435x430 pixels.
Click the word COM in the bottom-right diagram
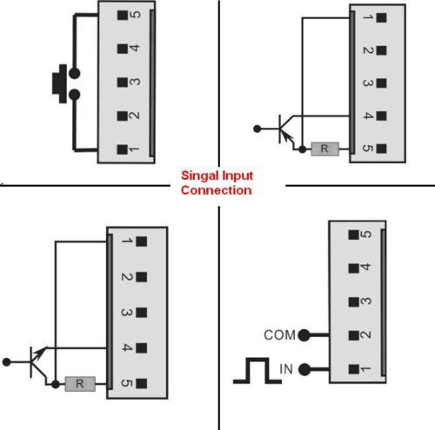(279, 335)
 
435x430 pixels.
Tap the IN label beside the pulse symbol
(286, 369)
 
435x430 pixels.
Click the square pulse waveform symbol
(258, 371)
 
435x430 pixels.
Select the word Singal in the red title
(200, 175)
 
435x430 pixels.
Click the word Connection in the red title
(217, 190)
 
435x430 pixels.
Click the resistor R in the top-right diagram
(325, 149)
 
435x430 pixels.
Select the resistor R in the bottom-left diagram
(80, 384)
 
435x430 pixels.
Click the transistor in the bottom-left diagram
(37, 362)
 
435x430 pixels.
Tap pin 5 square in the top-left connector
(123, 15)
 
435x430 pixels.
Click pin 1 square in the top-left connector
(123, 149)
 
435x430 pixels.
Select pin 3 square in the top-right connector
(381, 83)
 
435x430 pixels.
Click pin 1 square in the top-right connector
(381, 17)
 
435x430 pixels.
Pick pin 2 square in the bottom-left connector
(142, 277)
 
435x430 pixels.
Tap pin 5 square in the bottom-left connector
(142, 383)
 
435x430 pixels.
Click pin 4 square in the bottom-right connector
(353, 268)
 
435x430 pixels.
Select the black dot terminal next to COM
(304, 335)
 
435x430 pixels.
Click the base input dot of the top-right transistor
(257, 129)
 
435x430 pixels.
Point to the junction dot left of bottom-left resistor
(56, 384)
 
